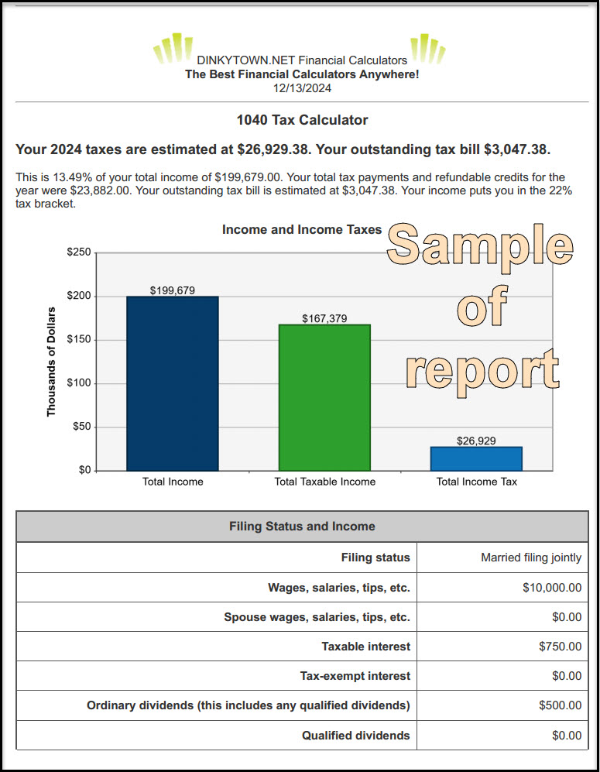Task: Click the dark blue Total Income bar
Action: pos(172,383)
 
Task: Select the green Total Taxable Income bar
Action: pos(324,397)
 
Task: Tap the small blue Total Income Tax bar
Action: pos(476,458)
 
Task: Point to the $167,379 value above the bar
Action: pos(324,318)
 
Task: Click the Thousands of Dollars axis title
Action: pos(52,362)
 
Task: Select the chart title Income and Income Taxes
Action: pos(302,229)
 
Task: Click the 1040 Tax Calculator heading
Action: pos(302,120)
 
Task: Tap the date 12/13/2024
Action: pos(302,88)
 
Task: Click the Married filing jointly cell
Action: pos(530,558)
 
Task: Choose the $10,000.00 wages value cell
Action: pos(551,588)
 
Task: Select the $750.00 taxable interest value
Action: pos(560,647)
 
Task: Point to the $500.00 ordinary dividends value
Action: pos(560,705)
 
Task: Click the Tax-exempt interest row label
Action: pos(355,676)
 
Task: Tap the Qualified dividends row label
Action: pos(355,735)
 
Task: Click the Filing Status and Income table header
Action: pos(302,527)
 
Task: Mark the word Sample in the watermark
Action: pos(480,245)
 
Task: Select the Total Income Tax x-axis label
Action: pos(476,482)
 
